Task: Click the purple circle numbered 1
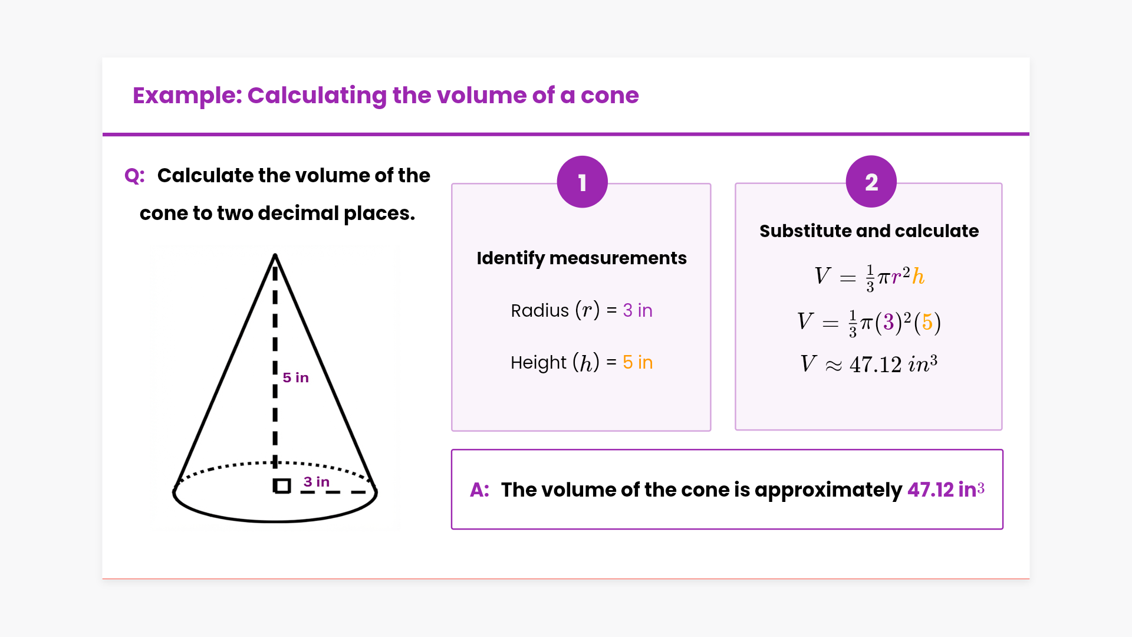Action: [582, 182]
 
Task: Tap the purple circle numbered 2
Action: [871, 182]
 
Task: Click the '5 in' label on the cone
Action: [295, 377]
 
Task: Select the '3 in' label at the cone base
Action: [317, 482]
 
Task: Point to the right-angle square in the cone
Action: [282, 486]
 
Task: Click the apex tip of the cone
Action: [275, 255]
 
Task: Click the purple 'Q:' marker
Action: [134, 176]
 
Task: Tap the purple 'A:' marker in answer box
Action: [479, 490]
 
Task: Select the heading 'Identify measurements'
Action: [581, 258]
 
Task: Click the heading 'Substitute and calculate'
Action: [869, 231]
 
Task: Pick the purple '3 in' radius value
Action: [637, 310]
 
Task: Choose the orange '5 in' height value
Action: [637, 362]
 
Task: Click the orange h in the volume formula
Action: [918, 276]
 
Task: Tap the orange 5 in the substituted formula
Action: [927, 322]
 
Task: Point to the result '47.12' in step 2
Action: [875, 365]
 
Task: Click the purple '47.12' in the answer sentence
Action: [930, 490]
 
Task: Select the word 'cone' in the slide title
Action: [610, 96]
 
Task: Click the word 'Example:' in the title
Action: [187, 96]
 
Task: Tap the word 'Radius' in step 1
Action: [539, 310]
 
